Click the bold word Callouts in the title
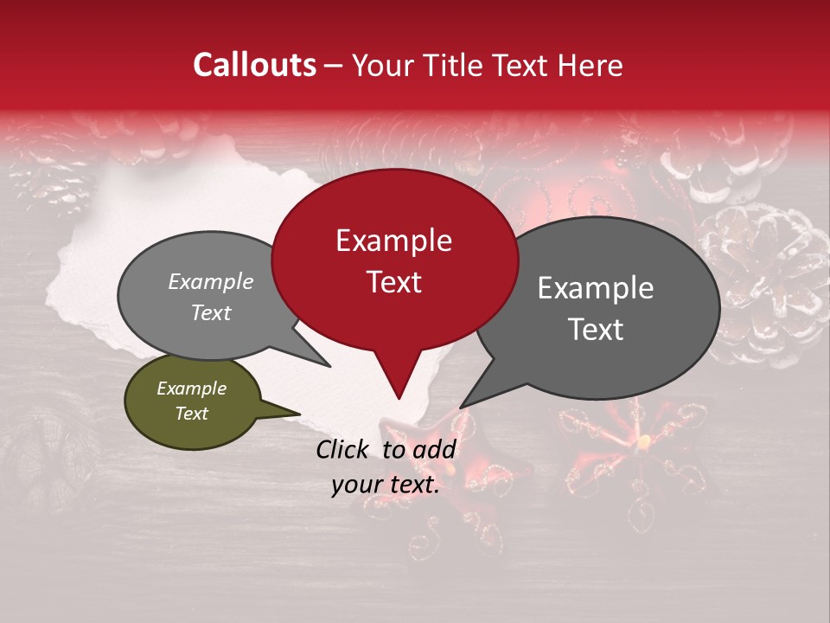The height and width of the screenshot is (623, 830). tap(254, 65)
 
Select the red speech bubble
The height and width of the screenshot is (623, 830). tap(394, 260)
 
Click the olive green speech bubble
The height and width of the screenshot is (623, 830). tap(192, 401)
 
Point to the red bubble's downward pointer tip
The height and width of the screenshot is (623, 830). tap(398, 398)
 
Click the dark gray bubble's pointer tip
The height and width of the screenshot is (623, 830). tap(461, 407)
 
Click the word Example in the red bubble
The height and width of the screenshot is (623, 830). tap(393, 241)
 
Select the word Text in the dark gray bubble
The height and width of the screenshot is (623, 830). tap(597, 330)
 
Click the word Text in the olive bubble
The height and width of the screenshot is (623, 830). tap(191, 414)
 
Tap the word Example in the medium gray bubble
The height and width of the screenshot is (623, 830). tap(210, 282)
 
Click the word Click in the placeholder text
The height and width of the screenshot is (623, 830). tap(343, 449)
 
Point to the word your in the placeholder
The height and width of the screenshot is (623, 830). tap(356, 485)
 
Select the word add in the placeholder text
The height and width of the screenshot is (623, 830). tap(435, 449)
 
